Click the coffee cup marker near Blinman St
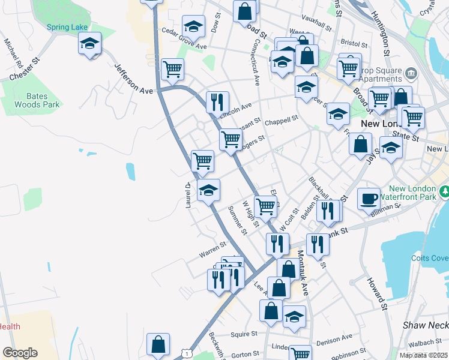pos(369,199)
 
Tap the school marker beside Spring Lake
pos(89,44)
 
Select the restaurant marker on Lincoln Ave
pos(217,102)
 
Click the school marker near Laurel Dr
pos(208,190)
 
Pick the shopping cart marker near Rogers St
pos(231,140)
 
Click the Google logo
pos(20,352)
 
